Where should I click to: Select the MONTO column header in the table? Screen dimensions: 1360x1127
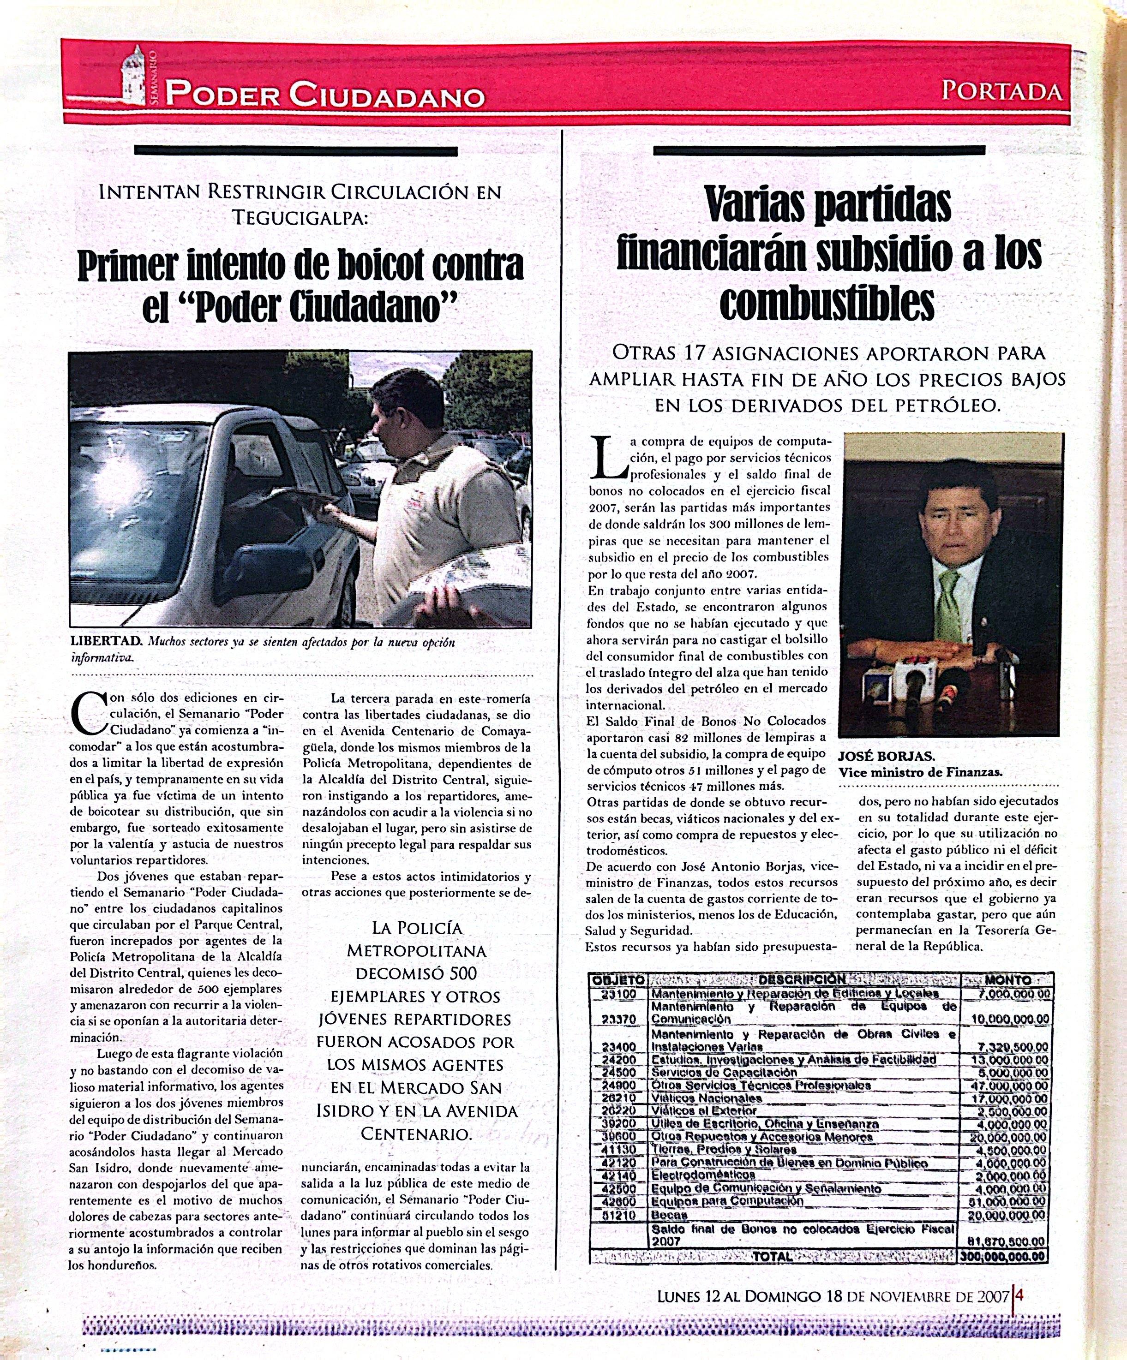click(x=1007, y=980)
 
